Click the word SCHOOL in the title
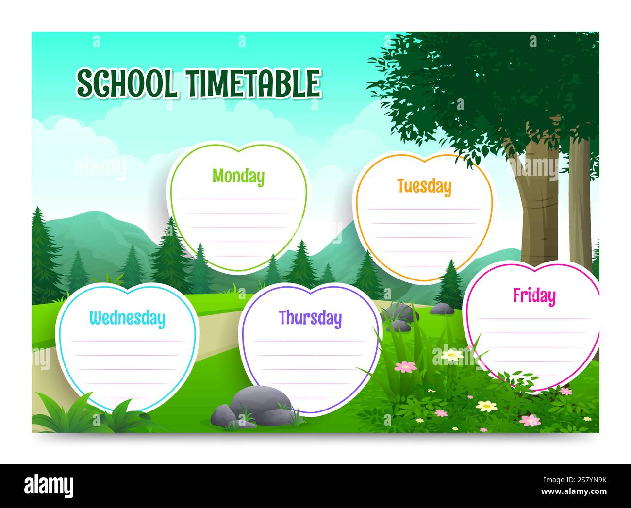pos(126,83)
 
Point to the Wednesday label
pos(127,318)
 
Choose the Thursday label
pos(310,318)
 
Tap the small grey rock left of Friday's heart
pos(442,308)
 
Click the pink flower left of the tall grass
pos(405,367)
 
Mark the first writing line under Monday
pos(238,199)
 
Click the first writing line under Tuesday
pos(424,209)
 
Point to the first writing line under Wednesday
pos(127,341)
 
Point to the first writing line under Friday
pos(534,319)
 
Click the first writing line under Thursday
pos(310,341)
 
